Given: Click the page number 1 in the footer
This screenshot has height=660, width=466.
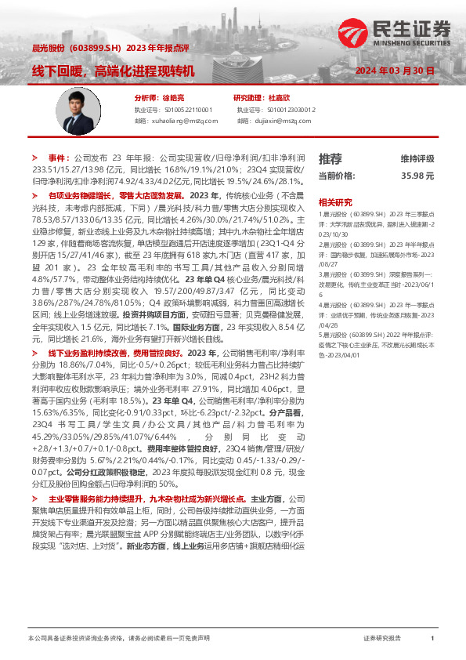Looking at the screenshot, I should click(432, 639).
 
